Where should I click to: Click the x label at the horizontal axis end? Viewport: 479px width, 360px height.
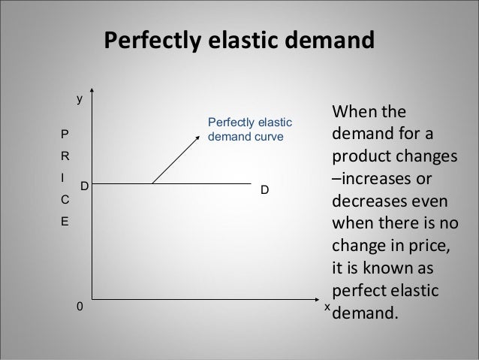tap(327, 307)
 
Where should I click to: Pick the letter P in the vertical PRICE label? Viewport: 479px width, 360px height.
tap(65, 136)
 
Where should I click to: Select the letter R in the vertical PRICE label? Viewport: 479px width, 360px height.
tap(65, 159)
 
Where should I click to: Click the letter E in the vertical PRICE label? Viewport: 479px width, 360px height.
tap(65, 222)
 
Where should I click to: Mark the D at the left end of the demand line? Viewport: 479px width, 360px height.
tap(84, 184)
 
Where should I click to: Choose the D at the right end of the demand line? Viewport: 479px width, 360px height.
tap(264, 191)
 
